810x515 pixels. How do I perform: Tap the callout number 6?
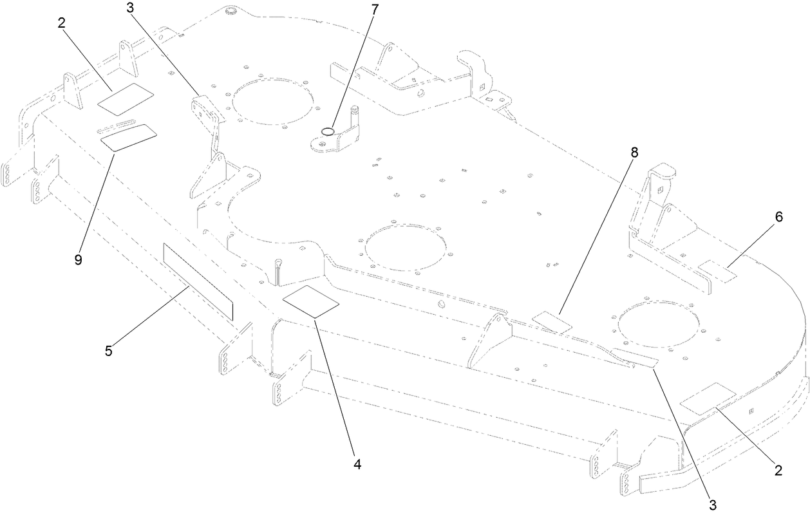(778, 217)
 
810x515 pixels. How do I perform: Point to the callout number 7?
(375, 10)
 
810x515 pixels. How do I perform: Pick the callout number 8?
(634, 153)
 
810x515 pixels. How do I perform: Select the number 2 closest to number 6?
(778, 471)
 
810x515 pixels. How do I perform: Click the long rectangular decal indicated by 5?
(198, 281)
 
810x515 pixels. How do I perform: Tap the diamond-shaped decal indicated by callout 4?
(312, 301)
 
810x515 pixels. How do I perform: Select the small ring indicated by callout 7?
(328, 131)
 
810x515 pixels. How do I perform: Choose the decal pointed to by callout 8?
(552, 322)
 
